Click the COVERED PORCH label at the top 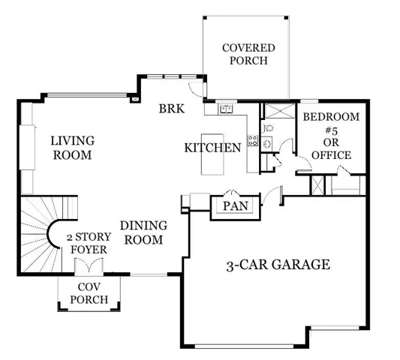(248, 54)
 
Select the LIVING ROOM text (72, 148)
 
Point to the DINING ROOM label (142, 232)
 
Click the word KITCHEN (212, 148)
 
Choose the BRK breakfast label (171, 108)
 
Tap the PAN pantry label (236, 205)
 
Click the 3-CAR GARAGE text (278, 265)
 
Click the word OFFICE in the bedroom (330, 155)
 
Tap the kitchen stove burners (252, 140)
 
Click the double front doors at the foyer (89, 266)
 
